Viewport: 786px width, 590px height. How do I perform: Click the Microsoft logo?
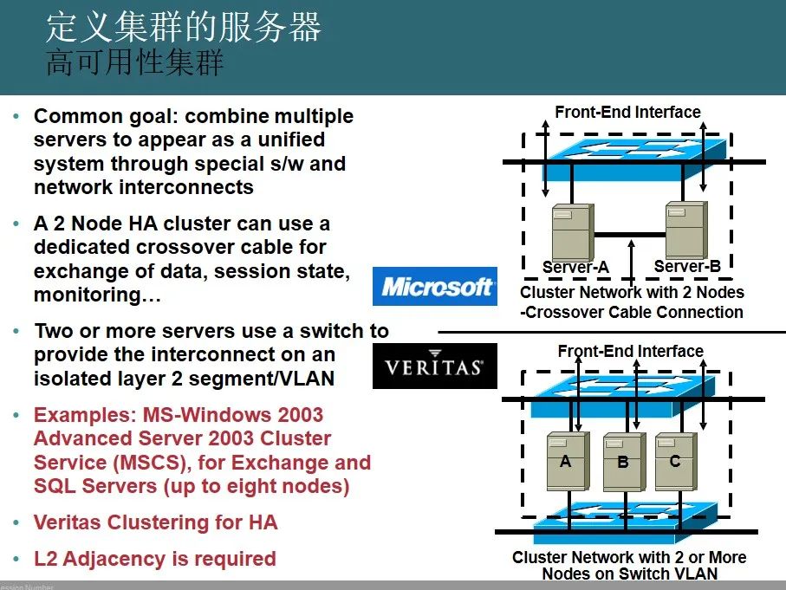pyautogui.click(x=435, y=286)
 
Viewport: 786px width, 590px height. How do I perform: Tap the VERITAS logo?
pyautogui.click(x=435, y=366)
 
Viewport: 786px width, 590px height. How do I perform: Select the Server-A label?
pyautogui.click(x=575, y=267)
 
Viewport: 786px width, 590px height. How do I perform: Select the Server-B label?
pyautogui.click(x=687, y=266)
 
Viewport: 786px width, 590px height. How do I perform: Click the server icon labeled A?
pyautogui.click(x=568, y=462)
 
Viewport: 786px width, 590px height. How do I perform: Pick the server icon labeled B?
pyautogui.click(x=623, y=462)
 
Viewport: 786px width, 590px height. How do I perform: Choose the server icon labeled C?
pyautogui.click(x=676, y=462)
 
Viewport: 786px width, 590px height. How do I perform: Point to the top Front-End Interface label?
pyautogui.click(x=627, y=112)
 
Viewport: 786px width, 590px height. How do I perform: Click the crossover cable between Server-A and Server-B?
pyautogui.click(x=630, y=235)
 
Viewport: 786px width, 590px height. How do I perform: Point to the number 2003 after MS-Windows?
pyautogui.click(x=300, y=415)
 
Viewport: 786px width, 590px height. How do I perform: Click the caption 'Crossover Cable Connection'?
pyautogui.click(x=632, y=312)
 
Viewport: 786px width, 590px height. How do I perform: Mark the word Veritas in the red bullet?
pyautogui.click(x=68, y=522)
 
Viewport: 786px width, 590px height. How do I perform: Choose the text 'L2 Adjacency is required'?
pyautogui.click(x=155, y=559)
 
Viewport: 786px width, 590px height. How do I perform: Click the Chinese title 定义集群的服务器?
pyautogui.click(x=184, y=27)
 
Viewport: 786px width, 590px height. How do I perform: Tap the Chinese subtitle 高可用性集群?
pyautogui.click(x=134, y=62)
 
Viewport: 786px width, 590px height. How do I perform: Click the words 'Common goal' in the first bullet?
pyautogui.click(x=103, y=116)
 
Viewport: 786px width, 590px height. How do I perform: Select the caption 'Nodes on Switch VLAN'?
pyautogui.click(x=630, y=574)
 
